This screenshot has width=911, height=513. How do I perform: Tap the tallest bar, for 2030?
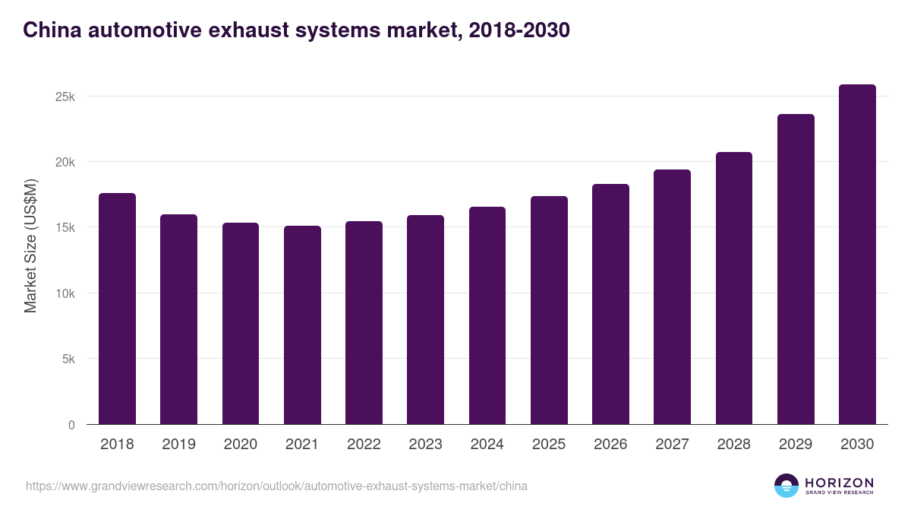click(x=857, y=255)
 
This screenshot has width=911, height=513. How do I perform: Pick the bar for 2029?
click(x=796, y=269)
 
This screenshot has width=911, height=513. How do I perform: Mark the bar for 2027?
click(x=672, y=297)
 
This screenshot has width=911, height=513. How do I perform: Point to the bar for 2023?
click(x=425, y=320)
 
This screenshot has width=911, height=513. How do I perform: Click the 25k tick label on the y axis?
click(x=65, y=97)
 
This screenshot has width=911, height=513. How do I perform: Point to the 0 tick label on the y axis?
click(x=71, y=425)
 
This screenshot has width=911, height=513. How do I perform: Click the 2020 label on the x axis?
click(x=240, y=445)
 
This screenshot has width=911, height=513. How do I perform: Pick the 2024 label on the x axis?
click(x=487, y=445)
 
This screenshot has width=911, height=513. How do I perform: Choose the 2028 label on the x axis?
click(x=733, y=445)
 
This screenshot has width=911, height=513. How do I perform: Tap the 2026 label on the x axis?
click(x=610, y=445)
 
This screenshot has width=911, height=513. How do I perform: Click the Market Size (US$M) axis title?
click(x=30, y=245)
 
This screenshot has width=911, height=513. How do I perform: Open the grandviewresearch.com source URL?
click(x=276, y=486)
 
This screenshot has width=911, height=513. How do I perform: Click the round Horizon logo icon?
click(x=786, y=486)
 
